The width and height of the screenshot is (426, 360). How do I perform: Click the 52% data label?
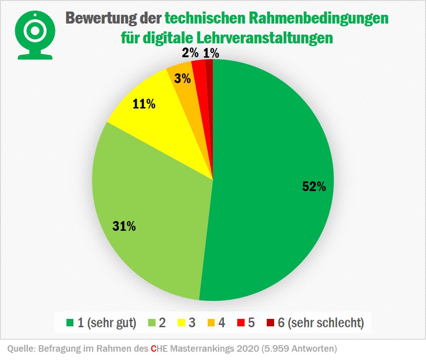click(x=314, y=186)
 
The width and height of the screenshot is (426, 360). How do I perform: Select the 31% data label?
click(x=124, y=226)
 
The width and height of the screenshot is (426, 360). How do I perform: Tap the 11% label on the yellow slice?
click(x=144, y=104)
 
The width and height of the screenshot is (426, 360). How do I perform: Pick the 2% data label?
click(x=190, y=54)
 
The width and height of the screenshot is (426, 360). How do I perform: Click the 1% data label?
click(x=211, y=54)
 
